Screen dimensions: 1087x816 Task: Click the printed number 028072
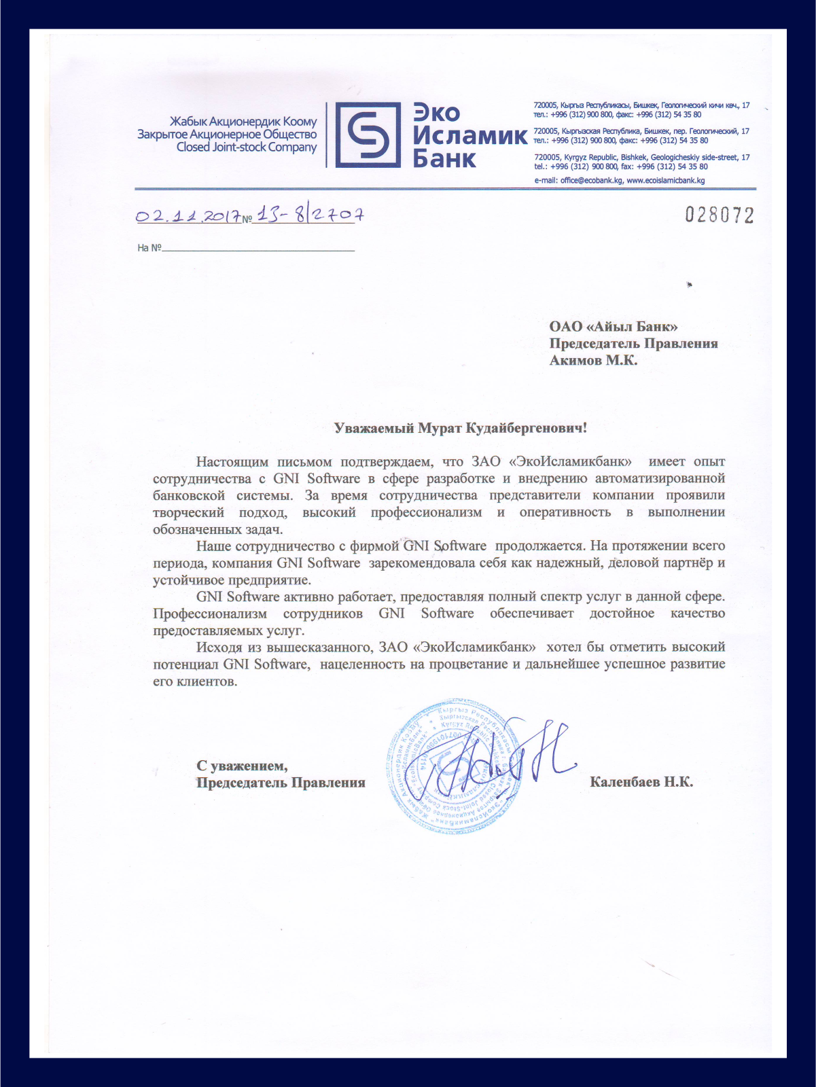click(x=720, y=215)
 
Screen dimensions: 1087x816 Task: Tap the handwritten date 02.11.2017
click(x=188, y=216)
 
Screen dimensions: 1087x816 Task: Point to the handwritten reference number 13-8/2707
click(x=310, y=215)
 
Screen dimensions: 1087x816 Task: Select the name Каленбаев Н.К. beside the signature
click(x=641, y=782)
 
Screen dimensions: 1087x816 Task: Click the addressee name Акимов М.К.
click(x=593, y=360)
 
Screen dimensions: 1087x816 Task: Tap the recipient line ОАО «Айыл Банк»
click(x=613, y=327)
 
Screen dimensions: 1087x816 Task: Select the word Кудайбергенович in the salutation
click(x=525, y=428)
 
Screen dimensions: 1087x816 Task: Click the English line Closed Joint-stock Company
click(x=247, y=147)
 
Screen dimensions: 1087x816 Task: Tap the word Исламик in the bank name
click(x=469, y=136)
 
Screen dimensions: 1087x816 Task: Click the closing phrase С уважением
click(x=242, y=766)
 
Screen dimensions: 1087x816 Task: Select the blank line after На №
click(x=258, y=249)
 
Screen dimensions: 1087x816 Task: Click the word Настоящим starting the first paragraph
click(x=232, y=462)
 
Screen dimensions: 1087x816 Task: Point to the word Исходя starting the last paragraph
click(x=217, y=647)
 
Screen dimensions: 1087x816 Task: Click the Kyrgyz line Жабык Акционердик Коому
click(x=243, y=122)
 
